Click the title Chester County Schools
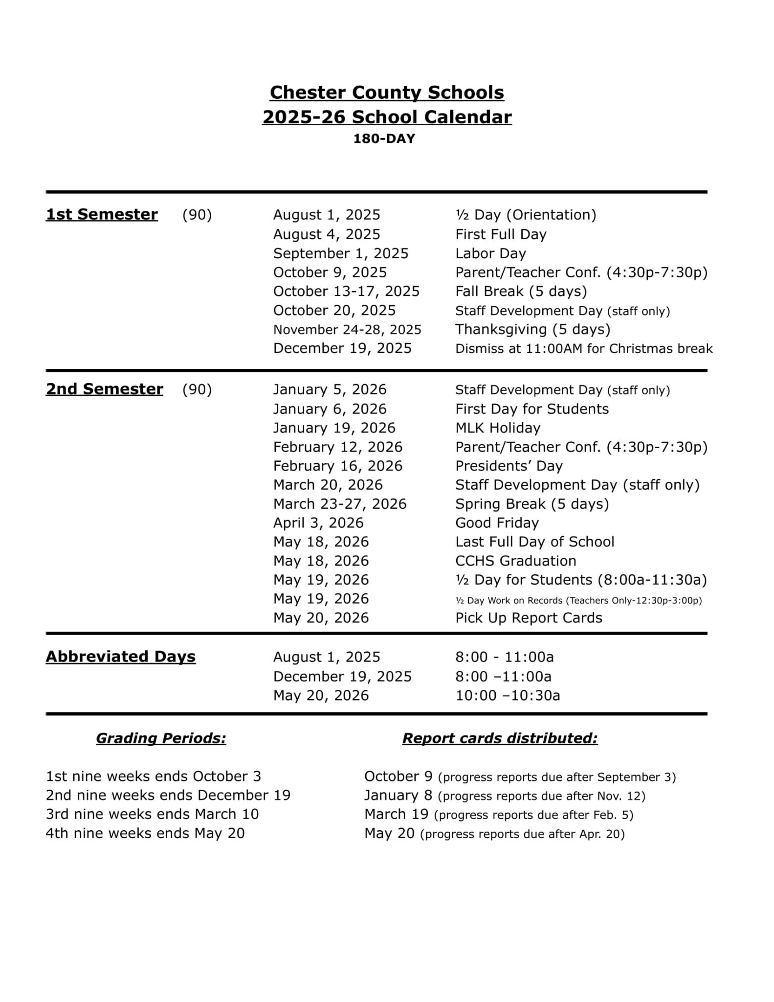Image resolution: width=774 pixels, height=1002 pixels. [387, 92]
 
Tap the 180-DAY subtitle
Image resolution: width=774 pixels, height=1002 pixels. [384, 139]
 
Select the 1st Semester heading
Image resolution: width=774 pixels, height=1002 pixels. [102, 214]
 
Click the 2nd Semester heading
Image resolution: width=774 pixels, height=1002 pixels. [105, 389]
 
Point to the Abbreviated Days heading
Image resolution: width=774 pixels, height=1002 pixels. [121, 657]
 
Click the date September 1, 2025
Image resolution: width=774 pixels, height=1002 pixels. [341, 253]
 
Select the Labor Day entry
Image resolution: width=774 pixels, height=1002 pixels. [490, 253]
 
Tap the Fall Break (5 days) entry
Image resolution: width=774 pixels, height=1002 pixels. [521, 292]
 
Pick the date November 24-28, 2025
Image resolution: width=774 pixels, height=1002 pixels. [347, 330]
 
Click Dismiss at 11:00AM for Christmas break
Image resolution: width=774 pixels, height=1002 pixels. [584, 349]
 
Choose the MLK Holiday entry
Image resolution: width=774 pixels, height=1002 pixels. [498, 428]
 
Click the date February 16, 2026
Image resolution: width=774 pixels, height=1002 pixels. [338, 466]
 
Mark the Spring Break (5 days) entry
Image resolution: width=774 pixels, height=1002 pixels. [532, 504]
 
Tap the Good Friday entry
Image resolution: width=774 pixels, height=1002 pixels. [497, 523]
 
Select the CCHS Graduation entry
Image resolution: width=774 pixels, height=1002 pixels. [516, 561]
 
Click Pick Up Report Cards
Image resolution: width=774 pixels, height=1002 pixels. [529, 618]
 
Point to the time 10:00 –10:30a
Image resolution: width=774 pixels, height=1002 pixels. [508, 695]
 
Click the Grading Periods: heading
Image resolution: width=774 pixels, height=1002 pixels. [161, 738]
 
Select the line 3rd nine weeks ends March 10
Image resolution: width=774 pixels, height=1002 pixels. [152, 814]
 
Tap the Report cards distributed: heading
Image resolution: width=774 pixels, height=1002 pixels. [500, 738]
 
